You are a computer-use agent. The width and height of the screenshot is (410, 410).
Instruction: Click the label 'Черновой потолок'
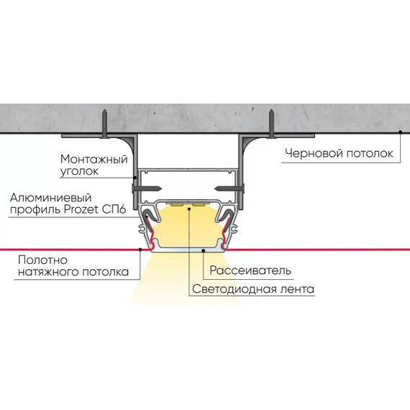(339, 153)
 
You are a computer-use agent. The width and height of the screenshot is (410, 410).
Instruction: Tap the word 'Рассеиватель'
(250, 270)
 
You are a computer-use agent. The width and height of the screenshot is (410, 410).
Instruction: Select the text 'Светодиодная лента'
(253, 289)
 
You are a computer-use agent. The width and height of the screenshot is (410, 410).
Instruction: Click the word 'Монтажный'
(94, 159)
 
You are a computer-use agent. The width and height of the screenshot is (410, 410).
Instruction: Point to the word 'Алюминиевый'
(51, 198)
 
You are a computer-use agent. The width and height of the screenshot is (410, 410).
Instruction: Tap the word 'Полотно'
(43, 260)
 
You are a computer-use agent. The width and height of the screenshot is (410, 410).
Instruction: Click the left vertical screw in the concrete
(104, 124)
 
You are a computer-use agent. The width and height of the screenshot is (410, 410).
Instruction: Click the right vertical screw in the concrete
(272, 124)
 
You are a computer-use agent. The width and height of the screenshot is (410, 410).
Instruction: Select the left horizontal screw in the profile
(147, 188)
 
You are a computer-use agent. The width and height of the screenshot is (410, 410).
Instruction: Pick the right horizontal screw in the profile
(229, 188)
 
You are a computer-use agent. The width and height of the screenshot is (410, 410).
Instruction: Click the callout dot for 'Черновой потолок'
(400, 132)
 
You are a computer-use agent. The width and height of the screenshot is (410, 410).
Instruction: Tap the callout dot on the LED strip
(189, 209)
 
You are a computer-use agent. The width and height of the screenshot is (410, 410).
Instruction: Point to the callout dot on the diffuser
(203, 250)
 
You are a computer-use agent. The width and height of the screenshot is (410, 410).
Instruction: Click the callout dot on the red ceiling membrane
(140, 250)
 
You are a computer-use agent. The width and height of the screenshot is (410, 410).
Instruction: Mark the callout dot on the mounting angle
(135, 178)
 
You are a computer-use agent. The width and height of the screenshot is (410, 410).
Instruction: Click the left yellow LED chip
(178, 204)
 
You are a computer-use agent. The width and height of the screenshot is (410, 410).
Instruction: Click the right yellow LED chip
(200, 204)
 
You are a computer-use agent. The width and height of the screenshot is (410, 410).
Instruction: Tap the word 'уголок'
(80, 171)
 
